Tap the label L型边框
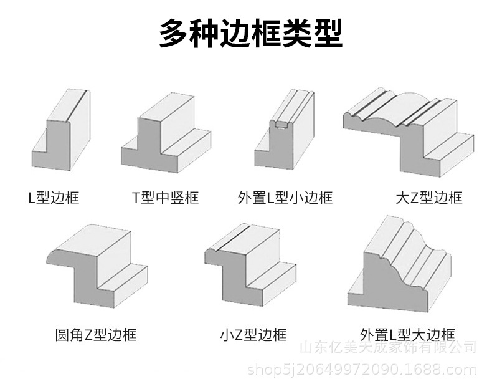pyautogui.click(x=54, y=198)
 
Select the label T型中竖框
pyautogui.click(x=165, y=198)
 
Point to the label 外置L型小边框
pyautogui.click(x=285, y=198)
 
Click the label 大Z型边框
pyautogui.click(x=429, y=198)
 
